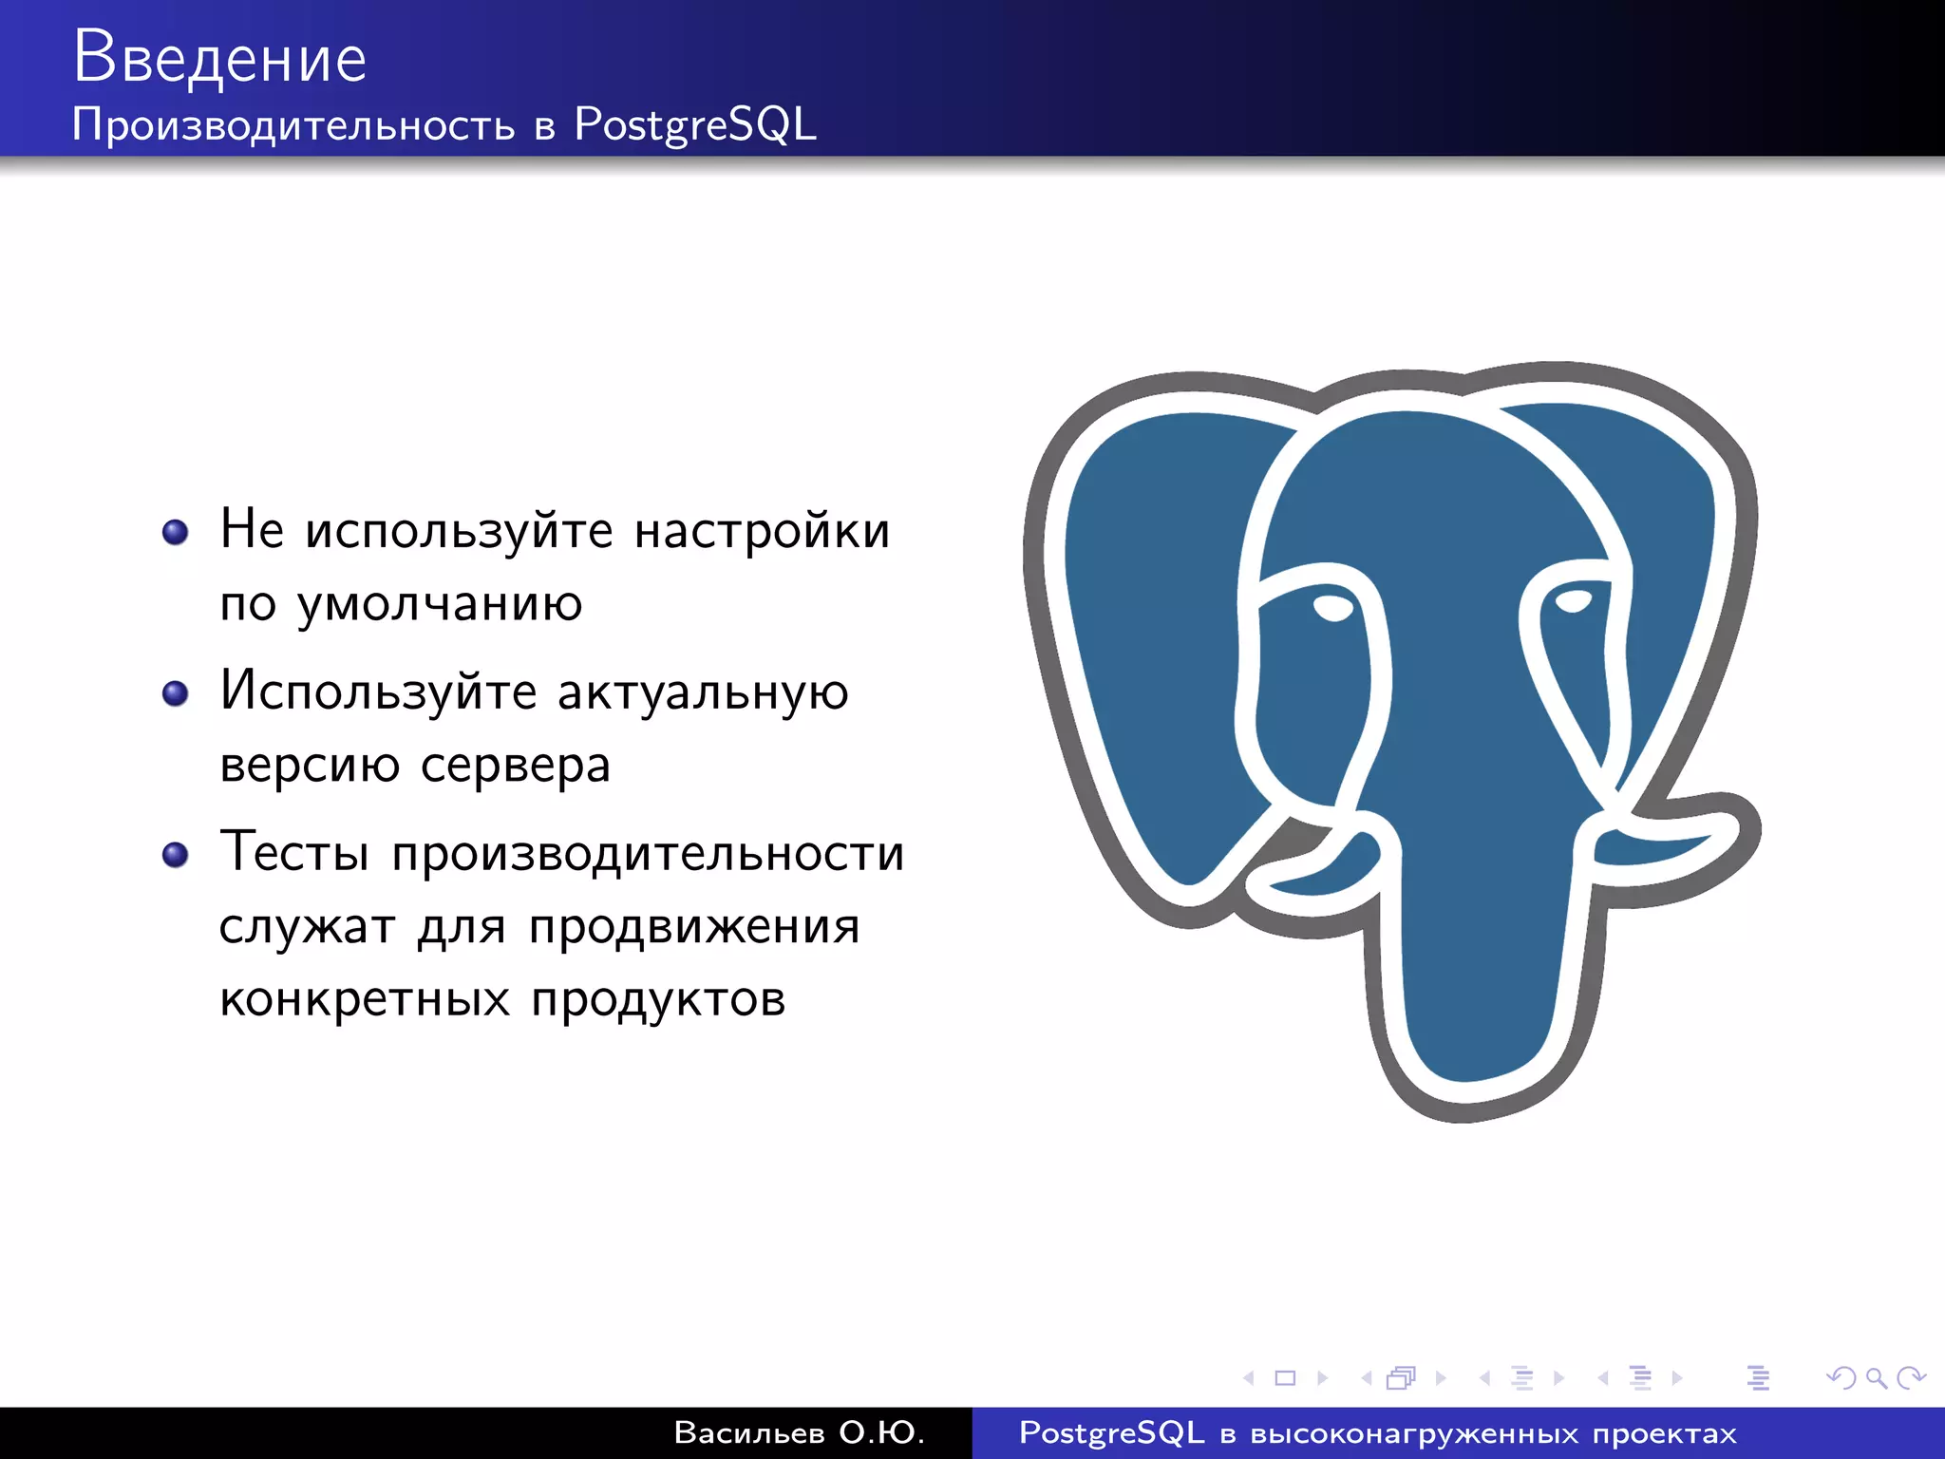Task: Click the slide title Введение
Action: pyautogui.click(x=219, y=57)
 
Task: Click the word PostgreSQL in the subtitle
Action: pyautogui.click(x=695, y=125)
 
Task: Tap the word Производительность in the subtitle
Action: pyautogui.click(x=293, y=125)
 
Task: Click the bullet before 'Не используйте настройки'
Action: pyautogui.click(x=176, y=532)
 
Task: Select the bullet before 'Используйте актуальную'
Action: pyautogui.click(x=176, y=693)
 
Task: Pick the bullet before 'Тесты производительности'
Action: pyautogui.click(x=176, y=855)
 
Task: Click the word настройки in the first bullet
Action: pyautogui.click(x=762, y=530)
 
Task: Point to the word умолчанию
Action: pyautogui.click(x=440, y=604)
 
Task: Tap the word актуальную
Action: pyautogui.click(x=703, y=692)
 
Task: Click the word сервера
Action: pyautogui.click(x=515, y=765)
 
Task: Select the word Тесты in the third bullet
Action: pyautogui.click(x=294, y=852)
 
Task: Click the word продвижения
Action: pyautogui.click(x=694, y=927)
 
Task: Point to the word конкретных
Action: pyautogui.click(x=365, y=999)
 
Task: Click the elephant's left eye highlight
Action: pyautogui.click(x=1333, y=608)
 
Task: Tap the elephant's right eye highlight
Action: pyautogui.click(x=1574, y=601)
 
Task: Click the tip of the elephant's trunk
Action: pyautogui.click(x=1467, y=1064)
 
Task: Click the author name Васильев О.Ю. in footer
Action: pyautogui.click(x=799, y=1432)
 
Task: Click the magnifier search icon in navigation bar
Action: pyautogui.click(x=1876, y=1377)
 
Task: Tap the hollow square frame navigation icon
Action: pyautogui.click(x=1285, y=1377)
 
